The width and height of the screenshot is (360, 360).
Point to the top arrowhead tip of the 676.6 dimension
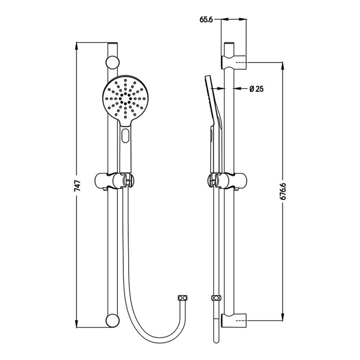click(283, 62)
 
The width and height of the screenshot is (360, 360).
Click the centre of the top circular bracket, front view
click(112, 62)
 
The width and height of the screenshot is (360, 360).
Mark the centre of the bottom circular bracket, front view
click(112, 320)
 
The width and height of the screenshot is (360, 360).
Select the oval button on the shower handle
click(126, 135)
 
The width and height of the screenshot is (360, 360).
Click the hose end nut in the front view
click(183, 298)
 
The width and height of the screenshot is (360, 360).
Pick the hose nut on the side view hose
click(216, 298)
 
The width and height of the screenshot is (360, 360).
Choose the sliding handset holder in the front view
click(114, 181)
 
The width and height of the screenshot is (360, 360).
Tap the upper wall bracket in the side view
click(234, 62)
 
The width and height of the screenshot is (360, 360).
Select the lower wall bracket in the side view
click(234, 320)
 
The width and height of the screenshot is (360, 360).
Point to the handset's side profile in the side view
click(213, 125)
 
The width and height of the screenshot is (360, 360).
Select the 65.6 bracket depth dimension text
click(206, 20)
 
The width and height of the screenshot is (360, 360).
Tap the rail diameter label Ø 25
click(257, 89)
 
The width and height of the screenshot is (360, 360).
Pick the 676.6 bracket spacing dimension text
click(283, 191)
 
